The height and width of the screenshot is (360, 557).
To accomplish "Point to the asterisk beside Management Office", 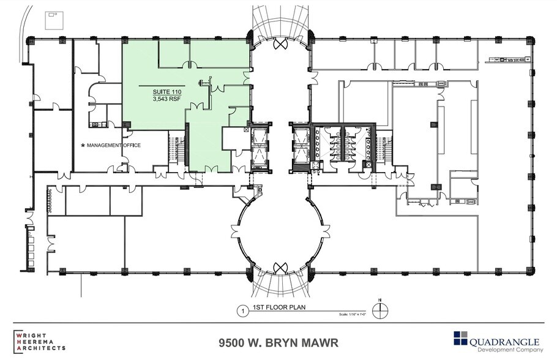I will pyautogui.click(x=83, y=145).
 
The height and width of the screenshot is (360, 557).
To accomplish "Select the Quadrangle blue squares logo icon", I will pyautogui.click(x=460, y=338).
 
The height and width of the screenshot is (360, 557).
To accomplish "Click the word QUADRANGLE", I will pyautogui.click(x=504, y=340).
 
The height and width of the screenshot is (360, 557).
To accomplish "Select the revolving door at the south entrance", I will pyautogui.click(x=281, y=268).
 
